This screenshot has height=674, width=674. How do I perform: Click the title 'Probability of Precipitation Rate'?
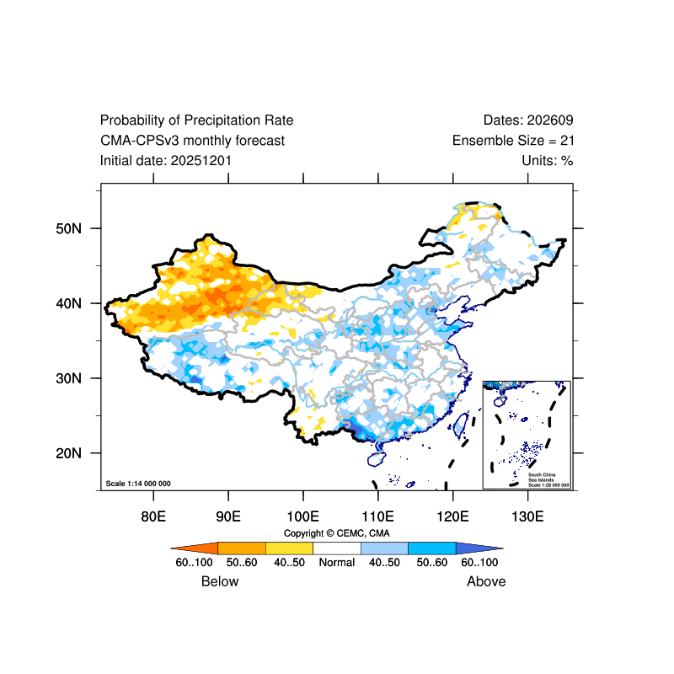196,120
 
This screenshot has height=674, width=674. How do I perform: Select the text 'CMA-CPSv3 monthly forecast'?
192,141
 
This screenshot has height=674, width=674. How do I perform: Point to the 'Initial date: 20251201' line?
166,160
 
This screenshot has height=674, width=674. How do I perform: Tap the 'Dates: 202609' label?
528,120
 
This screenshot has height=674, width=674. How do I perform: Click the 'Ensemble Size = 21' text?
513,141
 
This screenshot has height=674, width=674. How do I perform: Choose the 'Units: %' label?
548,160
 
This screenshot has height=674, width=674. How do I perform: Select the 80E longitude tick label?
152,516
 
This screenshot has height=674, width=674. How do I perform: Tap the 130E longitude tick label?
527,516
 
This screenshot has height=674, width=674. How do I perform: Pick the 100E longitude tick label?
302,516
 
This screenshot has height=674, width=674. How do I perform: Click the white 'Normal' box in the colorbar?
337,548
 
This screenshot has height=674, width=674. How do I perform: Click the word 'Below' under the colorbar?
220,581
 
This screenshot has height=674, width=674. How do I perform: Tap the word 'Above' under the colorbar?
486,581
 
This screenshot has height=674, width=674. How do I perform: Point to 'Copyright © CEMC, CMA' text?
337,533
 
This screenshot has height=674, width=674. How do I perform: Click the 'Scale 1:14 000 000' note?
138,484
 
